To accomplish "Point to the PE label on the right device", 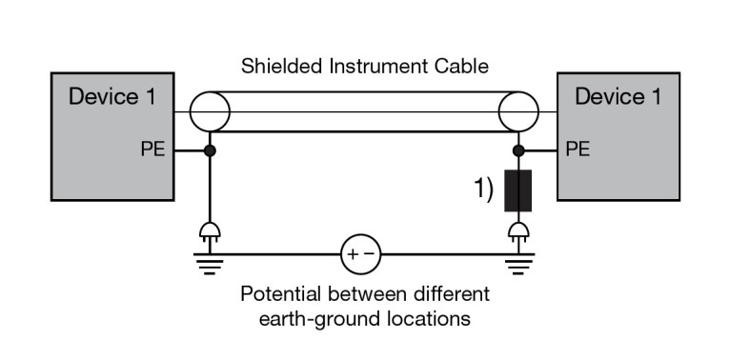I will [577, 150].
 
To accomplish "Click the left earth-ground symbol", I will [209, 262].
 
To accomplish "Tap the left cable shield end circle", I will [209, 112].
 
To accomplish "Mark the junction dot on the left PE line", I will [209, 150].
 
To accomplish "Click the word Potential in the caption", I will [280, 293].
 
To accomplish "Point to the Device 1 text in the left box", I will [111, 97].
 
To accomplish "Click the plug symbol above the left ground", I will [209, 231].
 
